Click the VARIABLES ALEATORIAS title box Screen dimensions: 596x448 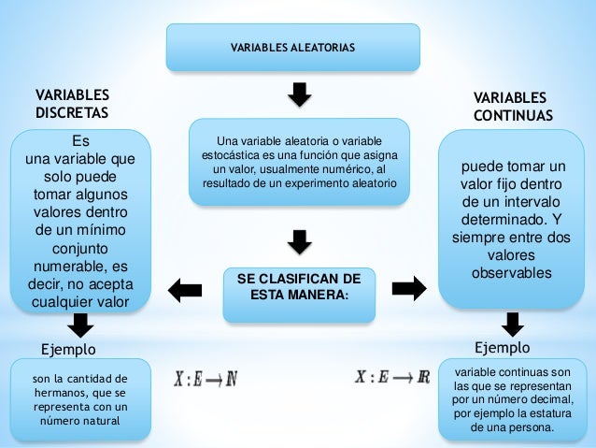292,47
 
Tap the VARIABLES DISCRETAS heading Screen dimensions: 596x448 72,105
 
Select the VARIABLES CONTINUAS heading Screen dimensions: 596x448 512,107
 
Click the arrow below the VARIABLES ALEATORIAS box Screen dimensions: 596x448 298,94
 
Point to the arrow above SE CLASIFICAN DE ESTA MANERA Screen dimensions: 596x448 298,241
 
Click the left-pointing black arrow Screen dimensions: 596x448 185,289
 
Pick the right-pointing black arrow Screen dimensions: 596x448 407,288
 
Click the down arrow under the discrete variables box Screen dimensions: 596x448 81,325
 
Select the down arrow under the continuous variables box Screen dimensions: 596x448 512,324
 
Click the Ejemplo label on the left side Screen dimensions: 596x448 69,349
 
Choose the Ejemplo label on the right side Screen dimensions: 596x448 502,348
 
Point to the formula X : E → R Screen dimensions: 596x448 391,378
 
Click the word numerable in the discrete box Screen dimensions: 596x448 66,267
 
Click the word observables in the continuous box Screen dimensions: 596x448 511,272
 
